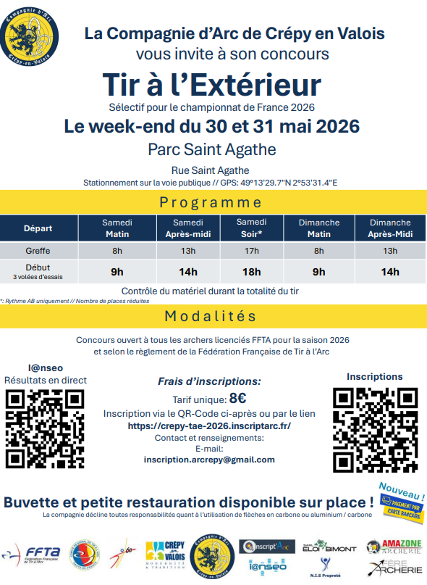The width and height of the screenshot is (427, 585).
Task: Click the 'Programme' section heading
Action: (211, 202)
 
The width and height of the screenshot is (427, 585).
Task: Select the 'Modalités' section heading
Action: (211, 316)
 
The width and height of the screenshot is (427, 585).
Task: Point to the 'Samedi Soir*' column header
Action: (252, 228)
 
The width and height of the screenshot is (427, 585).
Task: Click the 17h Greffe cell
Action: (252, 251)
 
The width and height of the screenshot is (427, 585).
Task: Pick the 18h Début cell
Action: (252, 272)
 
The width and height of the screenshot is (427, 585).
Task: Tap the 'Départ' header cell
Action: (38, 228)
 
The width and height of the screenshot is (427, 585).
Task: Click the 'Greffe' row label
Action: (38, 251)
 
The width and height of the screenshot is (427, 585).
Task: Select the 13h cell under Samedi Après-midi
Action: (188, 251)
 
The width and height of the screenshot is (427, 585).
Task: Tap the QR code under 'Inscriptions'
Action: (375, 428)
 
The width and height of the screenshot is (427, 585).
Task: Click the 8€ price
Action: (237, 397)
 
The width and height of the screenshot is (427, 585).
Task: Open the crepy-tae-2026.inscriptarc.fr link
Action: (209, 426)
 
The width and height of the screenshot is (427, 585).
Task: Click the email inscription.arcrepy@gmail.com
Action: (209, 460)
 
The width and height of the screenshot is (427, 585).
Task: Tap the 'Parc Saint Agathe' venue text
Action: (211, 149)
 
